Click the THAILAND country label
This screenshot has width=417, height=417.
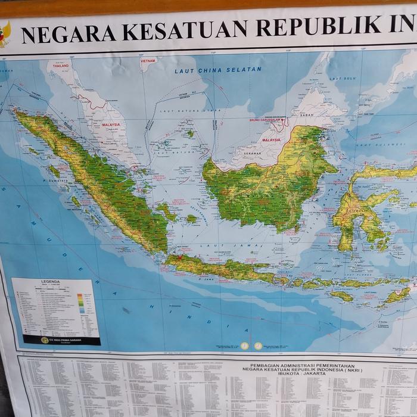(61, 66)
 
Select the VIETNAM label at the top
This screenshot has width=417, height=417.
(148, 60)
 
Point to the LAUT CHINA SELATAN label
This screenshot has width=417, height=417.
(218, 70)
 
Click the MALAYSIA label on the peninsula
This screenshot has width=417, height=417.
(111, 125)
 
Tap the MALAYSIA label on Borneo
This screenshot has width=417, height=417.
(271, 140)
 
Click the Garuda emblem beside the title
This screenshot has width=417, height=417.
(4, 34)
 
